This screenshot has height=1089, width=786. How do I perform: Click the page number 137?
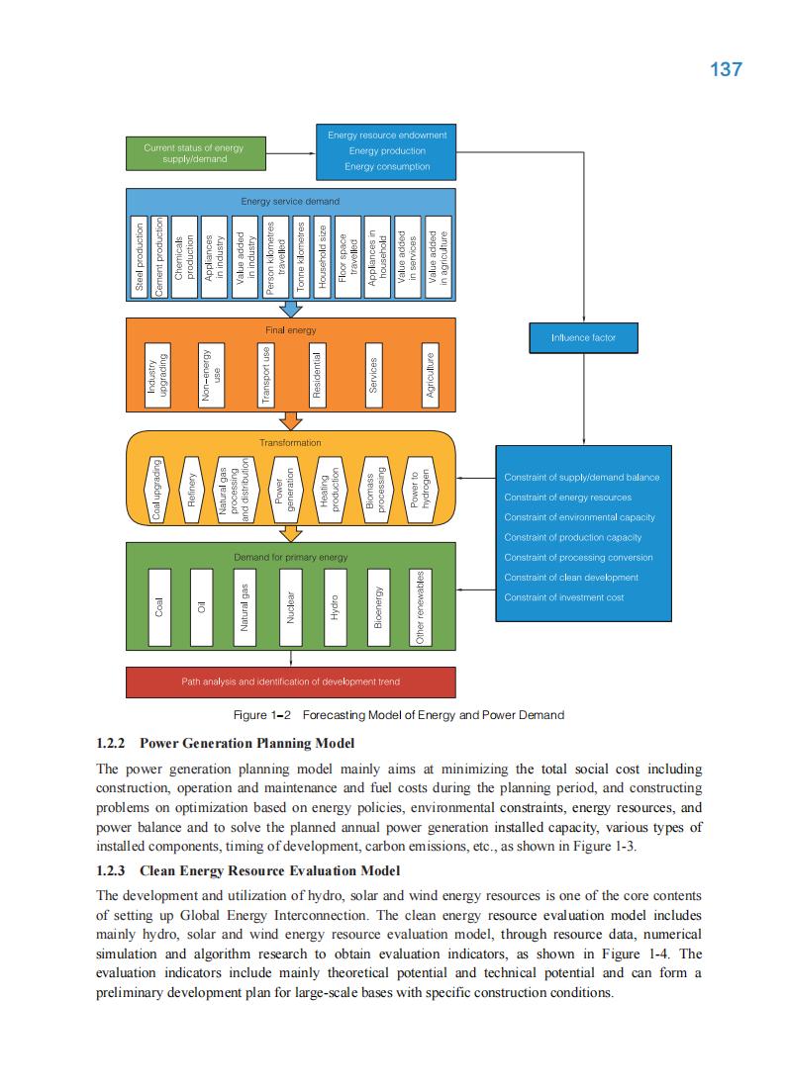click(726, 69)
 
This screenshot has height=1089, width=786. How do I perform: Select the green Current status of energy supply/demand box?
click(193, 153)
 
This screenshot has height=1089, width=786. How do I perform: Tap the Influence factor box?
click(583, 338)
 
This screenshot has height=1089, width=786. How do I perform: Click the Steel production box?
click(140, 256)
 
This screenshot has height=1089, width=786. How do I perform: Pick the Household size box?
click(322, 256)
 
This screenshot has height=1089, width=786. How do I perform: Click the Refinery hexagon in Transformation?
click(193, 490)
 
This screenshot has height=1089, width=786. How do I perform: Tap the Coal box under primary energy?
click(158, 606)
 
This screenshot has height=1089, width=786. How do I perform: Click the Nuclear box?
click(291, 606)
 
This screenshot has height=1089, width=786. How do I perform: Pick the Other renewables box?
click(422, 606)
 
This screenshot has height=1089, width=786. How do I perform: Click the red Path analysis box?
click(291, 682)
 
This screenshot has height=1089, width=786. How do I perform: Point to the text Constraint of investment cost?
click(563, 597)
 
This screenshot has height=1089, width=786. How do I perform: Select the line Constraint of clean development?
click(570, 578)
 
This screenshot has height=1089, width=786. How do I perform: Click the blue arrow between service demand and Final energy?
click(291, 309)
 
